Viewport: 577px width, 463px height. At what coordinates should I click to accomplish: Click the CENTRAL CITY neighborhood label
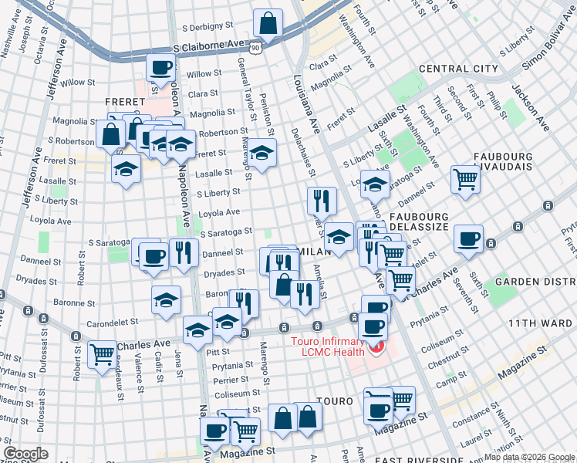pyautogui.click(x=458, y=69)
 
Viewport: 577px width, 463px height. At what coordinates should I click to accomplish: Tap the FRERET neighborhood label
pyautogui.click(x=126, y=101)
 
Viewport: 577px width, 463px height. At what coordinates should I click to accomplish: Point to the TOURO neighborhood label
pyautogui.click(x=335, y=401)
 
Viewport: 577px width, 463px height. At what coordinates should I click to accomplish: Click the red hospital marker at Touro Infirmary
pyautogui.click(x=376, y=347)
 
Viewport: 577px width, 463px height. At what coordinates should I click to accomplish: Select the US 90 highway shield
pyautogui.click(x=265, y=49)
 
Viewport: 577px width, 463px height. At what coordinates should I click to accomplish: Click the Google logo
pyautogui.click(x=25, y=454)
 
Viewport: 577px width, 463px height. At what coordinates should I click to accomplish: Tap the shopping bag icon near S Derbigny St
pyautogui.click(x=267, y=24)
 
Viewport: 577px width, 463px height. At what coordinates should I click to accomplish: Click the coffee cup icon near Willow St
pyautogui.click(x=160, y=68)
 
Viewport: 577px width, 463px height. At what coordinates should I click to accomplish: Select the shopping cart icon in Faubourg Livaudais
pyautogui.click(x=466, y=179)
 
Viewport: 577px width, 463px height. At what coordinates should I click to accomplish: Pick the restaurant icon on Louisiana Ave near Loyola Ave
pyautogui.click(x=322, y=200)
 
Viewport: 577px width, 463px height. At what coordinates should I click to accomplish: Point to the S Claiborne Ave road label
pyautogui.click(x=208, y=47)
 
